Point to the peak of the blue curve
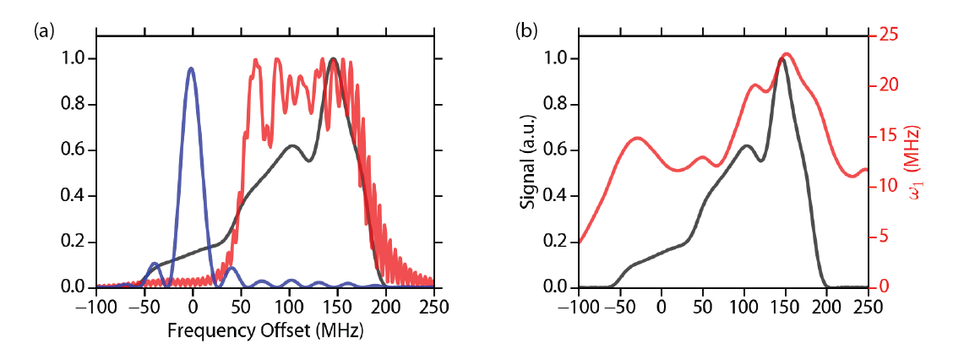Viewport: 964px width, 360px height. (192, 68)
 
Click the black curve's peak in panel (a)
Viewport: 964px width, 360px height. (335, 59)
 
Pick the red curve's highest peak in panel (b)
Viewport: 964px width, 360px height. (787, 54)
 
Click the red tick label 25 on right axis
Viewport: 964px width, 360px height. (887, 35)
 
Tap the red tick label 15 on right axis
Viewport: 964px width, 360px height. (887, 136)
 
